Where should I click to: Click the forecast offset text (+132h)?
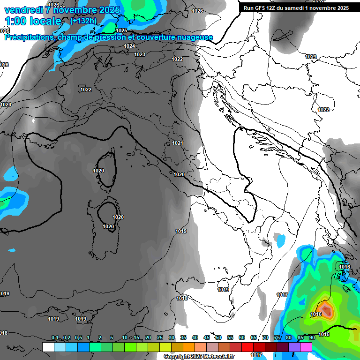(83, 21)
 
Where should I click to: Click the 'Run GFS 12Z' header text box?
(296, 8)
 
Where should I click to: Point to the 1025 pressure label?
(121, 30)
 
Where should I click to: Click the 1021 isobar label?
(177, 143)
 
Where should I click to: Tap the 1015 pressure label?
(324, 334)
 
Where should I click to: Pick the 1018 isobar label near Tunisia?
(182, 298)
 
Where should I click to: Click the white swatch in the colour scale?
(48, 347)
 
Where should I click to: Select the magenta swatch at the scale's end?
(306, 347)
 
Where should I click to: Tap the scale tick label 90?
(312, 338)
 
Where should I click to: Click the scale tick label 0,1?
(54, 338)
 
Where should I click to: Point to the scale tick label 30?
(172, 338)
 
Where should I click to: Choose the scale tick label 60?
(242, 338)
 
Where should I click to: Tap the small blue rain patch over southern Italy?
(281, 241)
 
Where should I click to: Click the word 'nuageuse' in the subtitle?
(195, 37)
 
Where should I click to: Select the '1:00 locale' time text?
(33, 21)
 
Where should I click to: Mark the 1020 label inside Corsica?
(98, 171)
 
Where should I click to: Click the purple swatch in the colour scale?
(294, 347)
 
